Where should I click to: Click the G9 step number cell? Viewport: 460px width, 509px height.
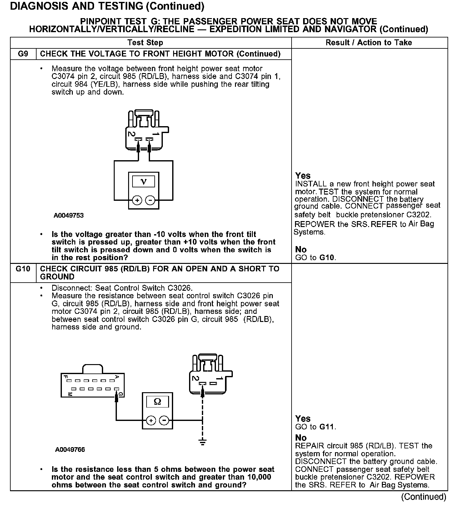pyautogui.click(x=23, y=54)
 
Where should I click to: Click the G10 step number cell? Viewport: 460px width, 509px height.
pyautogui.click(x=23, y=269)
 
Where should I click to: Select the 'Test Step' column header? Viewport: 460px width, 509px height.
pyautogui.click(x=145, y=43)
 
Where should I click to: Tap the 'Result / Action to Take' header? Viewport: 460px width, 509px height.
pyautogui.click(x=369, y=43)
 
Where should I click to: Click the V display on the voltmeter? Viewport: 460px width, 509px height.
pyautogui.click(x=143, y=181)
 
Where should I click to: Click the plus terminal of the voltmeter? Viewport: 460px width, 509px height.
pyautogui.click(x=137, y=200)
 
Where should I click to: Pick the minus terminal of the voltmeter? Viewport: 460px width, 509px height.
pyautogui.click(x=150, y=200)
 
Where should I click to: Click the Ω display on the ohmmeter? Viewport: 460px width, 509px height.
pyautogui.click(x=157, y=402)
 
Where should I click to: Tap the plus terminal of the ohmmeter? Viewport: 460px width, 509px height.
pyautogui.click(x=151, y=420)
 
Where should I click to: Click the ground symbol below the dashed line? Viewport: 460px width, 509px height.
pyautogui.click(x=202, y=442)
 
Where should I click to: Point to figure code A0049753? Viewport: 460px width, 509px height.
pyautogui.click(x=68, y=215)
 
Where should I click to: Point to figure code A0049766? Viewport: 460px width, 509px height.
pyautogui.click(x=70, y=450)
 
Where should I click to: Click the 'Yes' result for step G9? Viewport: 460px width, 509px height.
pyautogui.click(x=303, y=175)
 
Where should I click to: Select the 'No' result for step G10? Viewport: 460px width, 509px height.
pyautogui.click(x=301, y=437)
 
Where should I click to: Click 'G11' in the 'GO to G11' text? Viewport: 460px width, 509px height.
pyautogui.click(x=327, y=427)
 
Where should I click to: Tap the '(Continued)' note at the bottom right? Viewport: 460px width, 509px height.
pyautogui.click(x=423, y=497)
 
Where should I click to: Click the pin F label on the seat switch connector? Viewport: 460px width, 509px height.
pyautogui.click(x=66, y=377)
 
